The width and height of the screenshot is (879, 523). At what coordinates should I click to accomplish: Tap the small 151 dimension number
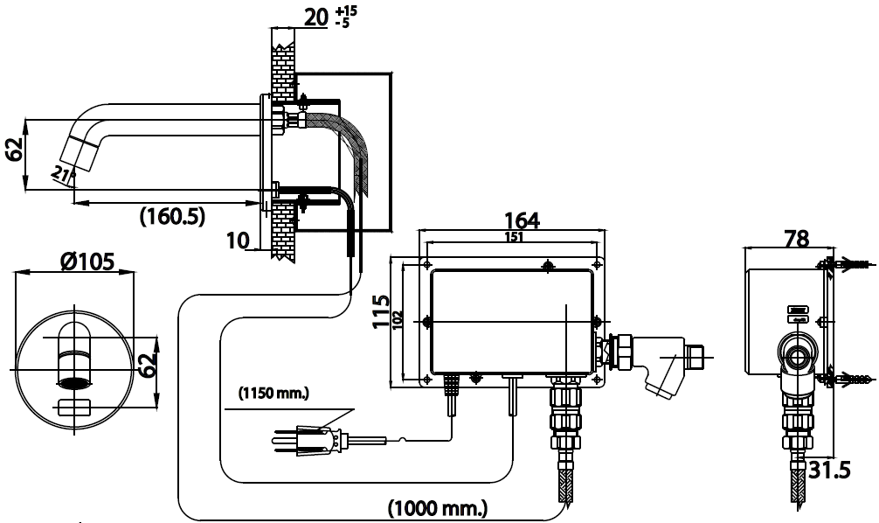[x=514, y=237]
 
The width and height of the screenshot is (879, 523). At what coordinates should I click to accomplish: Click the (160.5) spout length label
[x=172, y=215]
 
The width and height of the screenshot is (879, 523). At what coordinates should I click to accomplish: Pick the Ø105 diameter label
[x=88, y=261]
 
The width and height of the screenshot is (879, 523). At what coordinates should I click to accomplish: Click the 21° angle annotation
[x=63, y=175]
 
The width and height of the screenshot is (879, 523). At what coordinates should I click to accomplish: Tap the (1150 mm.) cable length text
[x=273, y=394]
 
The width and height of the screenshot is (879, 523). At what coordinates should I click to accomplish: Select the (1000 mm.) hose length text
[x=438, y=508]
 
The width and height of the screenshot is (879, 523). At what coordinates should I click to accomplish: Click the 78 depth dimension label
[x=797, y=239]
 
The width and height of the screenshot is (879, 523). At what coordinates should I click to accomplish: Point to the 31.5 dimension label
[x=829, y=471]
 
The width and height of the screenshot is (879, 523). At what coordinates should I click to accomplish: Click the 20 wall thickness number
[x=315, y=17]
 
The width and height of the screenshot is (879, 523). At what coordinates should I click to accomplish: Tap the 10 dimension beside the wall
[x=238, y=241]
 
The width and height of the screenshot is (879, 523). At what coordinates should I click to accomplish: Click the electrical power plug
[x=308, y=438]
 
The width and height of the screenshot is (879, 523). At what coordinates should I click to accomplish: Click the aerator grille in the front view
[x=74, y=383]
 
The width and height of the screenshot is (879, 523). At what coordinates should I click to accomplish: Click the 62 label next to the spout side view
[x=14, y=149]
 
